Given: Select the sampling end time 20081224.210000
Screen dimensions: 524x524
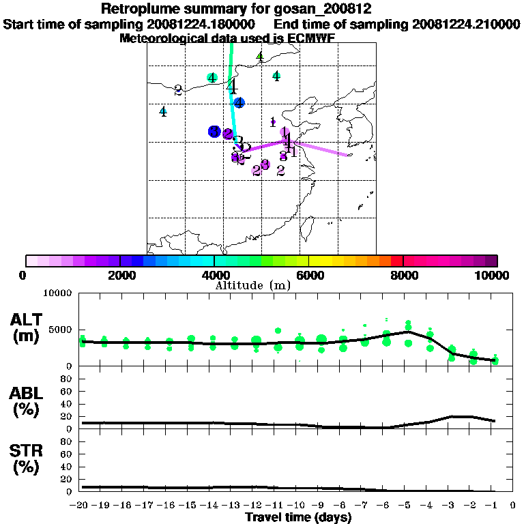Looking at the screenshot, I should [x=466, y=24].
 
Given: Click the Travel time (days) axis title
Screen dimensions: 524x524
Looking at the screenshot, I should [x=298, y=518].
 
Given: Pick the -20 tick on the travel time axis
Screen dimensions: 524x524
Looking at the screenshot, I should [x=81, y=506].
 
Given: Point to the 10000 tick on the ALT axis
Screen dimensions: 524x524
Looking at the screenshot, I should [x=58, y=293].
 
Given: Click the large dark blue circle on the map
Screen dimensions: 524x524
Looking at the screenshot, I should [x=215, y=132].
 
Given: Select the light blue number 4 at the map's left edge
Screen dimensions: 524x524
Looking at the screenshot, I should [x=163, y=112].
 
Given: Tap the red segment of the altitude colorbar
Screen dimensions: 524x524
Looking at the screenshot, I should [x=396, y=261].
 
